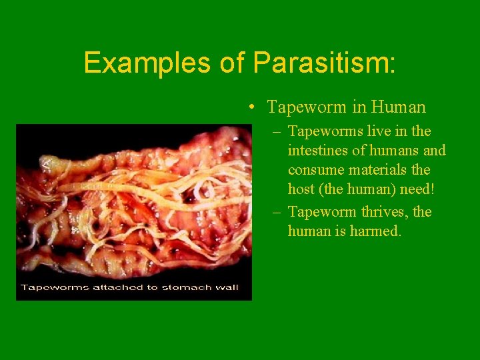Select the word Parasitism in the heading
[x=324, y=63]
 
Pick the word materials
[x=376, y=170]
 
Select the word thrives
[x=383, y=212]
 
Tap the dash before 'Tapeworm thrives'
[x=277, y=213]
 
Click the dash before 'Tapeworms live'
[x=277, y=132]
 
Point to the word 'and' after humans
[x=433, y=151]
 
